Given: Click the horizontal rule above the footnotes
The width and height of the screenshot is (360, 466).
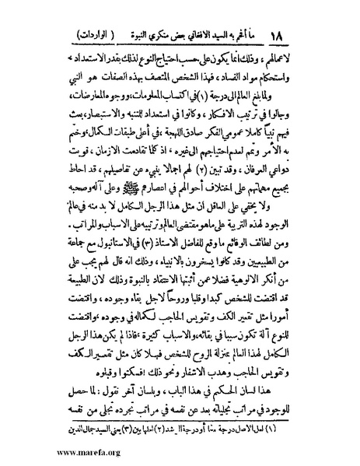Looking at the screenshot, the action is point(180,421).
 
